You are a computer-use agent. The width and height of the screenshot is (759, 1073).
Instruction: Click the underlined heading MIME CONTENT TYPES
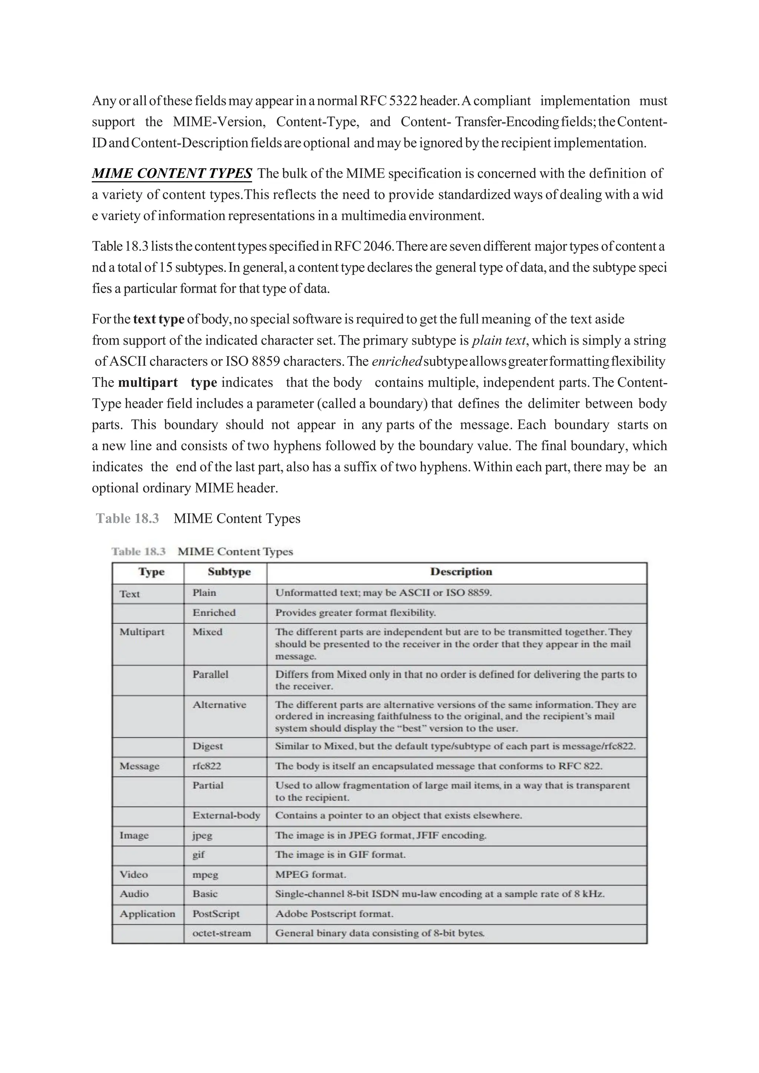172,173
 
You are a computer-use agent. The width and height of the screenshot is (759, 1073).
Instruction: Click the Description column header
461,572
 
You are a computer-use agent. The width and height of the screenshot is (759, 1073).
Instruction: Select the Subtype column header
229,572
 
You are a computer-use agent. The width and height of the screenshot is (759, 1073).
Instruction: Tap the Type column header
152,572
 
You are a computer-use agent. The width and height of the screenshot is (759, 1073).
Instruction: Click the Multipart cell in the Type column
142,632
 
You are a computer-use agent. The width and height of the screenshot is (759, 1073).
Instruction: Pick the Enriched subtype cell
214,612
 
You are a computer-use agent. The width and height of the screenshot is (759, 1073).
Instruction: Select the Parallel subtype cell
210,674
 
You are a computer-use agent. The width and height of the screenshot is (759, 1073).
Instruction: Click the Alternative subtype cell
219,705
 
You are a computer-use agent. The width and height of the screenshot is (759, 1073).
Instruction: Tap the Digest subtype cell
208,746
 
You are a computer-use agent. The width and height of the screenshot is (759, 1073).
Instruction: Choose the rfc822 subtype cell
206,765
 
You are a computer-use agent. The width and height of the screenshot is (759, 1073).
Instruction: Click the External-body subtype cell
226,815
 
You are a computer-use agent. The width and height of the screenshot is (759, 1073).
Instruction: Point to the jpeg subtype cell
202,835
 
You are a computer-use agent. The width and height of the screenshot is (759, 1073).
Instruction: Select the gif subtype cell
199,854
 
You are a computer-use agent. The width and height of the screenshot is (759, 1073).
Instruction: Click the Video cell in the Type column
134,874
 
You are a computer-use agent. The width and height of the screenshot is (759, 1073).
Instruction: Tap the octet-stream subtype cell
222,933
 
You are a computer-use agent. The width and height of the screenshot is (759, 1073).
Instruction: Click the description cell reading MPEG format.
310,874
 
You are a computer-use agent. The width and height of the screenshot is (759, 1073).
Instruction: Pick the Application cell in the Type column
147,914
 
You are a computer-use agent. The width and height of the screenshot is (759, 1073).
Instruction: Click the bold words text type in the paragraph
159,319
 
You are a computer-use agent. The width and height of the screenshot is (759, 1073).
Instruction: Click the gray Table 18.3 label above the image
127,519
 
